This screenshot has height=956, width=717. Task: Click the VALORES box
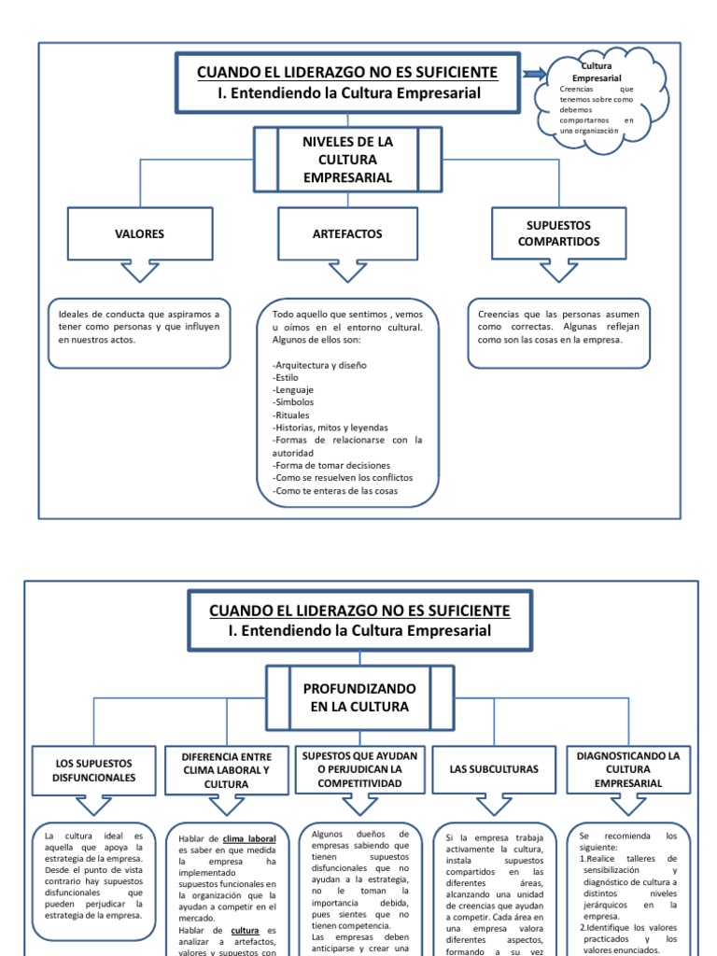(138, 233)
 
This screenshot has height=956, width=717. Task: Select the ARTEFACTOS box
(347, 233)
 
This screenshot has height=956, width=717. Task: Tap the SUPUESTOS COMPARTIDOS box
(559, 233)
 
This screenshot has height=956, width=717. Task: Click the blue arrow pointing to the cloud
(536, 75)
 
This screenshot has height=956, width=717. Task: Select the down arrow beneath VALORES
(138, 272)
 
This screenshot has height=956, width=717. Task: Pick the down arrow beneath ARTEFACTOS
(347, 272)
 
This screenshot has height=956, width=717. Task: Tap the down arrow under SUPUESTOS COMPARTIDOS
(559, 272)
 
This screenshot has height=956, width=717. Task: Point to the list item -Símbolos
(294, 401)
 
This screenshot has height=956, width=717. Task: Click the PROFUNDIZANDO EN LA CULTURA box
(359, 696)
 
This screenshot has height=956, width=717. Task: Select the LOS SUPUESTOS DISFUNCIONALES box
(94, 770)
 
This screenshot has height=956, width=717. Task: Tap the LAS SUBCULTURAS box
(494, 769)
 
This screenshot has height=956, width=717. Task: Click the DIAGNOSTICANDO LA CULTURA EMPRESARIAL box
(628, 769)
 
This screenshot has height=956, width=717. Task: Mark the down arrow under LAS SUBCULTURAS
(494, 805)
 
